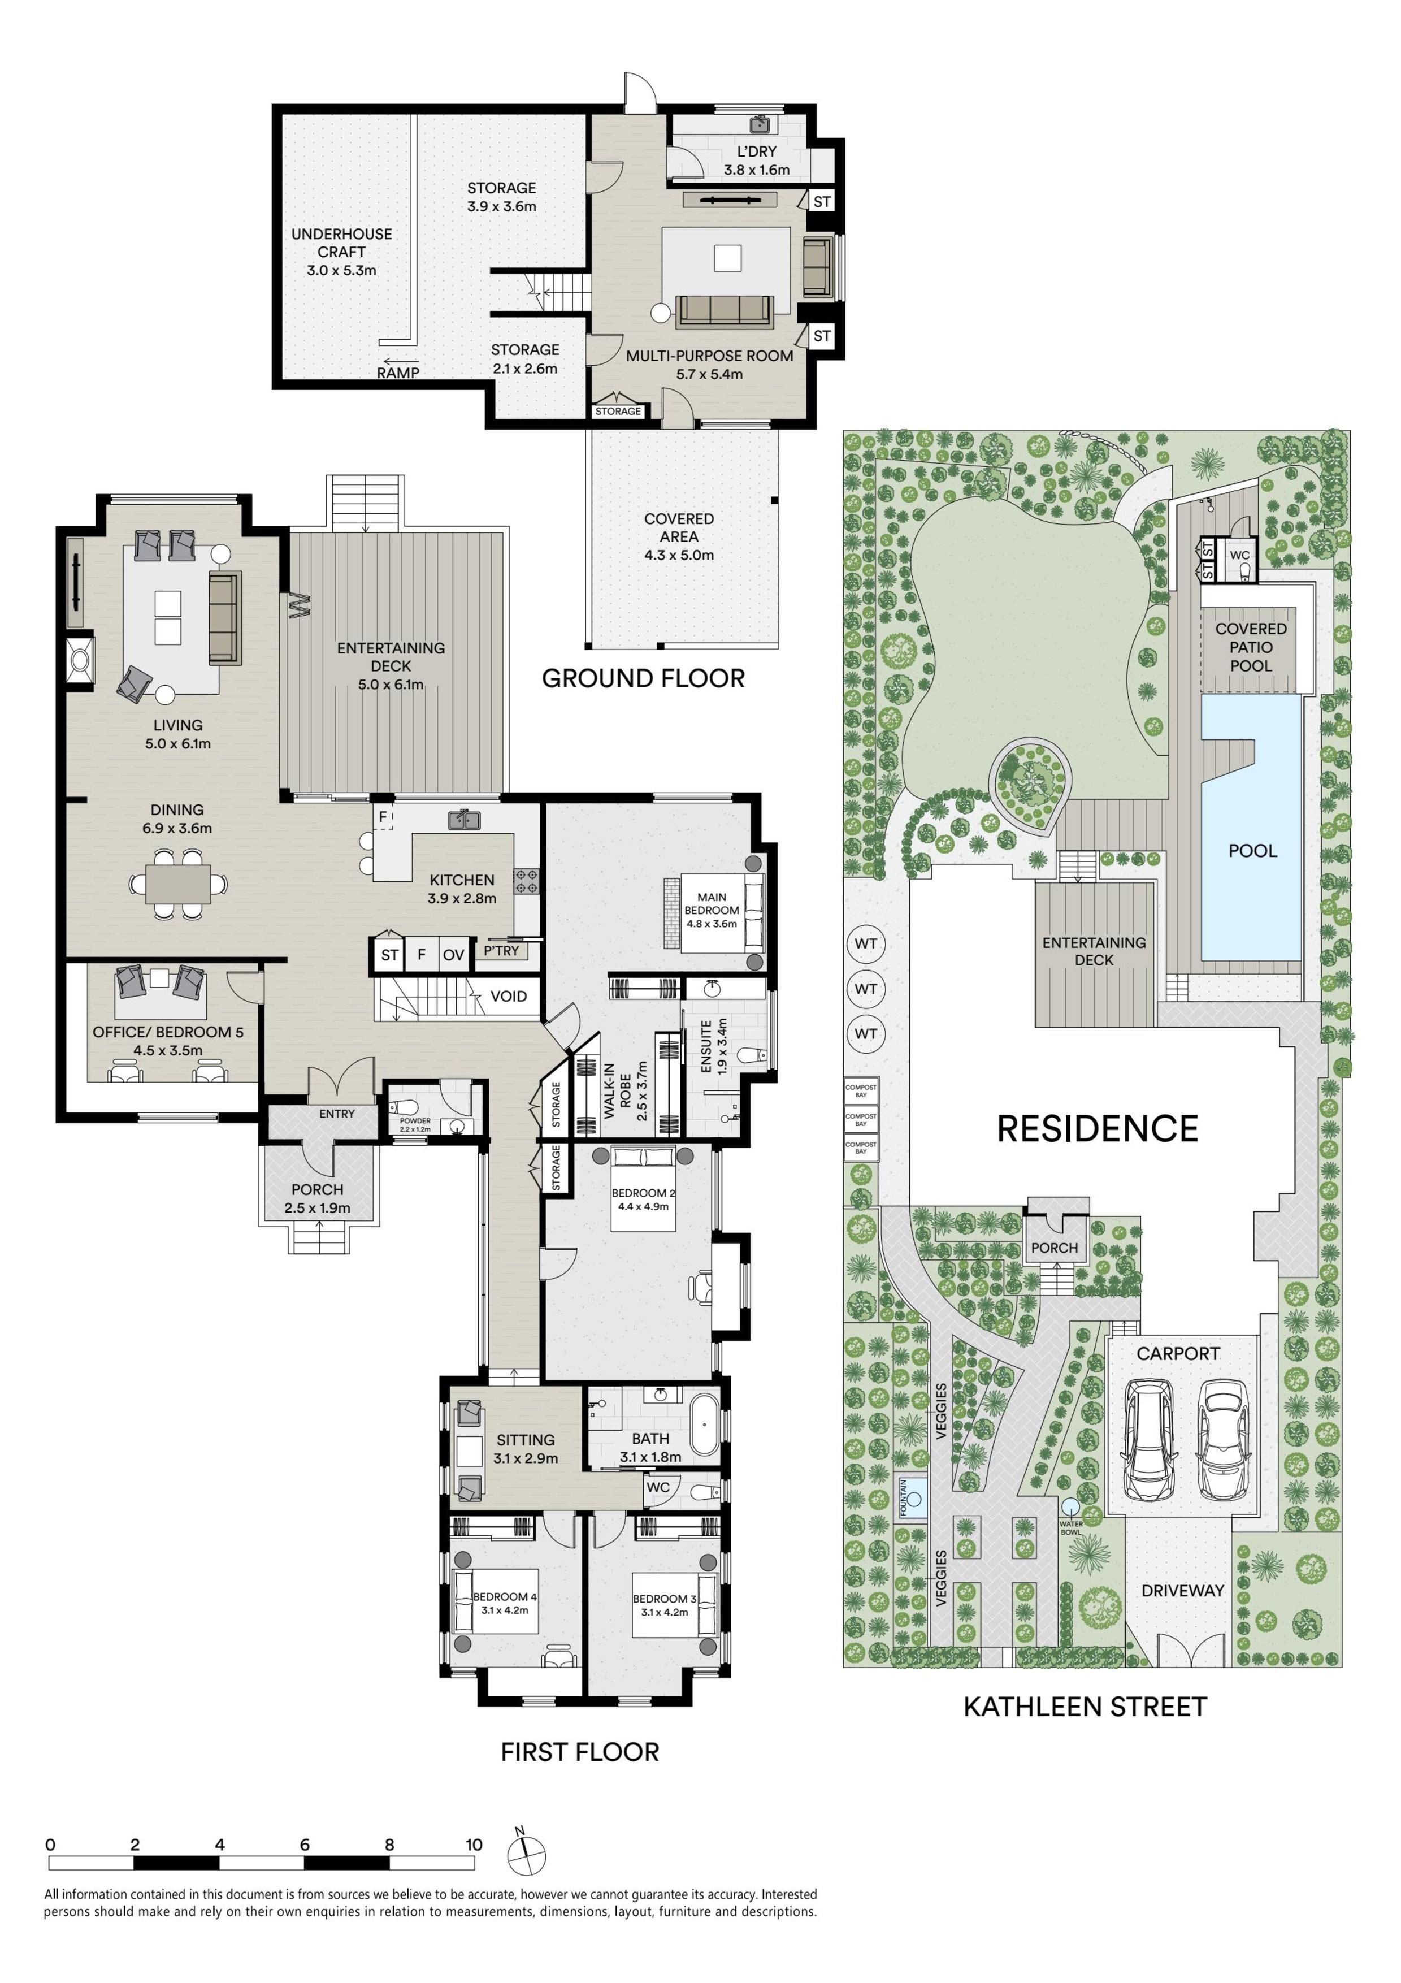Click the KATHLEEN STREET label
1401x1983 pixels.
1084,1707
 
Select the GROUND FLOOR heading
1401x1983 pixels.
643,678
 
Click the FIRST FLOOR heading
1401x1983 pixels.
580,1752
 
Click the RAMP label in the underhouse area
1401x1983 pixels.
398,373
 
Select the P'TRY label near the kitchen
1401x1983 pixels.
501,951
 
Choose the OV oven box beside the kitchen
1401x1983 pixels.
454,954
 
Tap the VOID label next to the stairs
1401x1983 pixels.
509,996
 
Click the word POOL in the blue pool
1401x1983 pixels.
1252,851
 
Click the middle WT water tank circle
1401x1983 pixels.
866,989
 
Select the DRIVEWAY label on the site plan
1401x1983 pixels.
1183,1590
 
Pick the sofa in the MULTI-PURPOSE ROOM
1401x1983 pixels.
725,311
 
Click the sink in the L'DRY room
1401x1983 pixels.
760,125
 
